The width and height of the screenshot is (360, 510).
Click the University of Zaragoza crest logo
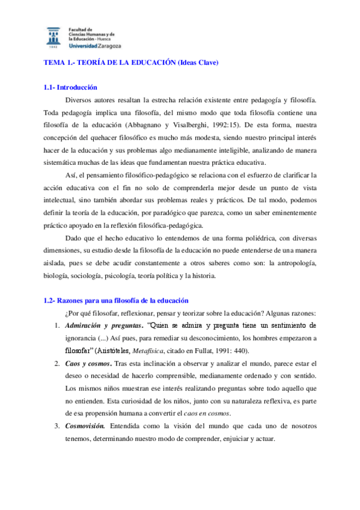coord(53,36)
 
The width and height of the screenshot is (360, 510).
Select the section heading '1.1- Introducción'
coord(70,88)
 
